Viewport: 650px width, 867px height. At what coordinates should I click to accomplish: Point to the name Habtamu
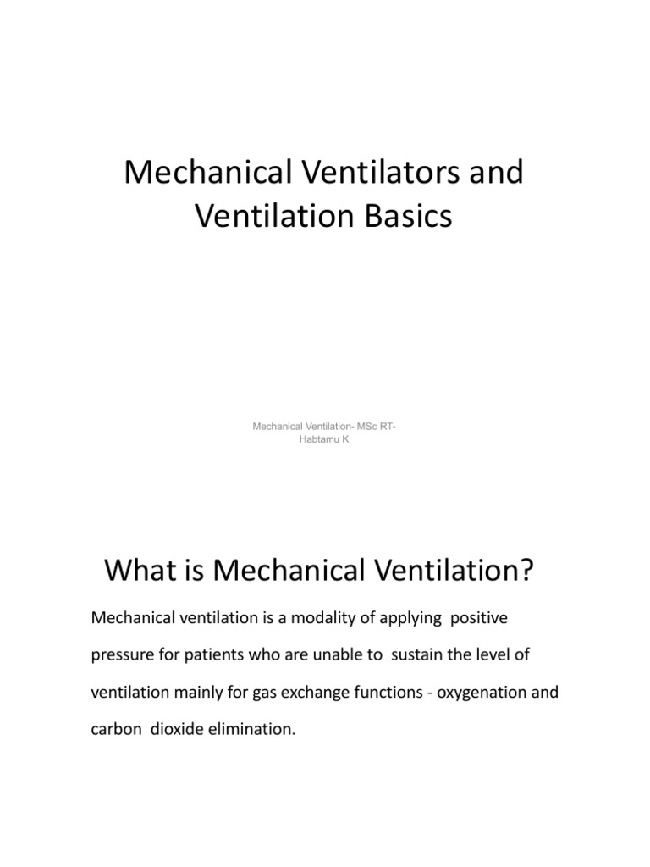(317, 439)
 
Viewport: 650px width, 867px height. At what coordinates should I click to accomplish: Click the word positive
(479, 619)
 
